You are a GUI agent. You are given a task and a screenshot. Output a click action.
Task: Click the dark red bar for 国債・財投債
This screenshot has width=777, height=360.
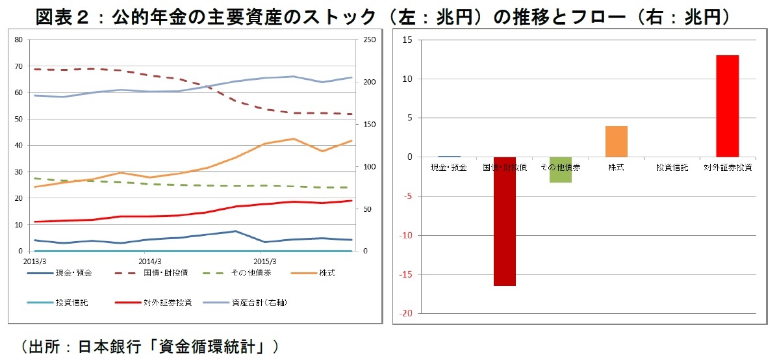pyautogui.click(x=505, y=221)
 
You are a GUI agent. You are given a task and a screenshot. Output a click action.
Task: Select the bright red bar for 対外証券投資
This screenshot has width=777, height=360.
pyautogui.click(x=728, y=106)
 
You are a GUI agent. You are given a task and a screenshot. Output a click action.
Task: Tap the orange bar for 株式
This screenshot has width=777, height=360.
pyautogui.click(x=617, y=142)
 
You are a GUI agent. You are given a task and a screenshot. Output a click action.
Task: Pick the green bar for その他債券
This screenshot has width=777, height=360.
pyautogui.click(x=561, y=170)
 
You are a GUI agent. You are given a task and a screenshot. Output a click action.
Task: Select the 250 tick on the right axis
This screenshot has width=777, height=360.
pyautogui.click(x=368, y=40)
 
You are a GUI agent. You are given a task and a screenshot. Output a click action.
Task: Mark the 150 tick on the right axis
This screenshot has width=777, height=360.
pyautogui.click(x=368, y=125)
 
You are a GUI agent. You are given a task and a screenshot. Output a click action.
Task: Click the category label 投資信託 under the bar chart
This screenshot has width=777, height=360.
pyautogui.click(x=672, y=168)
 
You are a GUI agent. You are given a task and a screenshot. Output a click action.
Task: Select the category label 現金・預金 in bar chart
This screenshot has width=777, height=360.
pyautogui.click(x=449, y=168)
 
